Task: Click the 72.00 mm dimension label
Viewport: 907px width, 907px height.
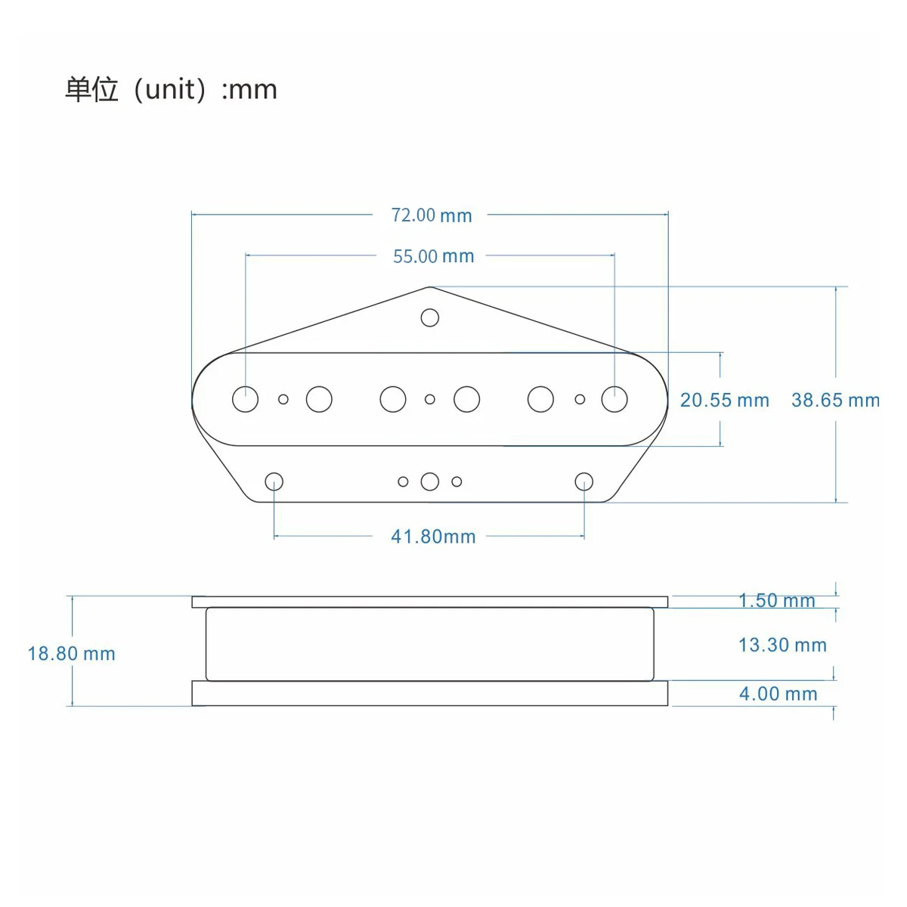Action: pos(431,215)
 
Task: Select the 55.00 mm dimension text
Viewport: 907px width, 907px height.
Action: pos(433,257)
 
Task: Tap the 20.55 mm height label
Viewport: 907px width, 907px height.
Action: pos(724,401)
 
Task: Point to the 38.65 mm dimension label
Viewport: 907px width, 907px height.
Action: pos(835,401)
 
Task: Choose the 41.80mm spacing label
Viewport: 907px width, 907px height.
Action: pos(433,537)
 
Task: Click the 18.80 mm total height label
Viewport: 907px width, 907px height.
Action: pos(72,654)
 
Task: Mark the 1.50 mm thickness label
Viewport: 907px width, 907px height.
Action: pos(777,601)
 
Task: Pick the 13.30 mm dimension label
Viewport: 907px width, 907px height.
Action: pos(782,645)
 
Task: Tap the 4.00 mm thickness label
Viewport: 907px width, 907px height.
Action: pos(778,694)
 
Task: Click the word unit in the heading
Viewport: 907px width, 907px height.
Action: pos(170,90)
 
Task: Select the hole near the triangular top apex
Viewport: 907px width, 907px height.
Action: pos(430,317)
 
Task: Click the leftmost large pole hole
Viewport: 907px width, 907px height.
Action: pos(246,399)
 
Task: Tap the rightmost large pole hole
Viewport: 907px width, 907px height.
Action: pos(614,399)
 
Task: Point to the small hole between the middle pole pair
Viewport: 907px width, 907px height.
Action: pos(430,399)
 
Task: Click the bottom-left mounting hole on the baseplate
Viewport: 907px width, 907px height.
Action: pos(274,481)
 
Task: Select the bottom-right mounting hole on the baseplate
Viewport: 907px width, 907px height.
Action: pos(584,481)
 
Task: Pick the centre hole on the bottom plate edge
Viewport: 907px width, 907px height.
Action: pos(430,481)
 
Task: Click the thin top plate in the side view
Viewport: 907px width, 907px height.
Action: pos(429,602)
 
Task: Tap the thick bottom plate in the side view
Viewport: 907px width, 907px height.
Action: pos(429,693)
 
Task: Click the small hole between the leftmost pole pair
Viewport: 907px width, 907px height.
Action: pos(283,399)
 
